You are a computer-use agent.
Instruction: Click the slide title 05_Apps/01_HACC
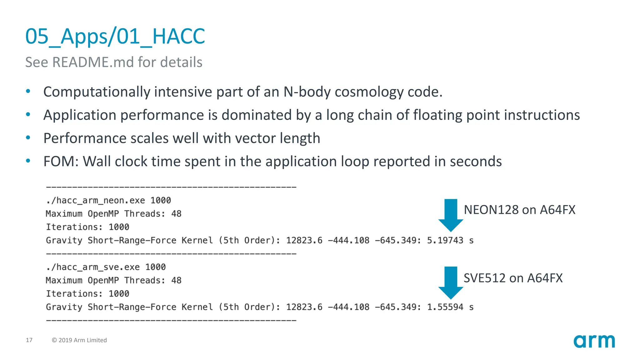coord(115,37)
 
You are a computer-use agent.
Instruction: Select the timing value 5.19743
coord(445,240)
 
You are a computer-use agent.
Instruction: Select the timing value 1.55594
coord(445,307)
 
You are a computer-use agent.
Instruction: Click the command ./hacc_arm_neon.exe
coord(96,200)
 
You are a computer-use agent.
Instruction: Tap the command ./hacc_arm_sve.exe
coord(93,267)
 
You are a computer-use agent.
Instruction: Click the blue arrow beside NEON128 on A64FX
coord(451,215)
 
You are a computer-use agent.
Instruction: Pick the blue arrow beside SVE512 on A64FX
coord(451,282)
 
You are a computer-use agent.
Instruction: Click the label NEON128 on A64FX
coord(519,210)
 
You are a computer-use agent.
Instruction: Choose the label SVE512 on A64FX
coord(513,278)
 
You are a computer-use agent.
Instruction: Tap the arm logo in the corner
coord(594,341)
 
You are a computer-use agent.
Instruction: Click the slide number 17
coord(29,340)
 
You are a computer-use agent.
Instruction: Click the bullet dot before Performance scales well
coord(28,137)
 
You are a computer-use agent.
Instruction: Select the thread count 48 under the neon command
coord(176,214)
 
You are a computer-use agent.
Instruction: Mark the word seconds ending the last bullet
coord(476,162)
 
